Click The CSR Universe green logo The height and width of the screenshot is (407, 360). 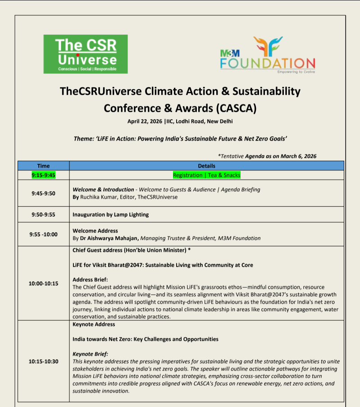86,54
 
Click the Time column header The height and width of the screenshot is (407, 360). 44,166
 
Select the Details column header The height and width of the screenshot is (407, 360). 207,166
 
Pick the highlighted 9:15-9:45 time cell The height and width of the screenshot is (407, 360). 44,175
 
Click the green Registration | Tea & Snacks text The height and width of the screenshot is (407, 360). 207,175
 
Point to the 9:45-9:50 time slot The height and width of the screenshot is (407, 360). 44,193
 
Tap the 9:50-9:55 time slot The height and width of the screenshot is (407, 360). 44,214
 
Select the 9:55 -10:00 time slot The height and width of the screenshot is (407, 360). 44,234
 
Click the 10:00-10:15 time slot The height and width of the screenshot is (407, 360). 44,283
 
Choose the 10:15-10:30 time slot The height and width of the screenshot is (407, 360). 44,361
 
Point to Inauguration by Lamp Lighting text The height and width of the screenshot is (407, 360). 110,214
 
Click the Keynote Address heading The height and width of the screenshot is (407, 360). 94,324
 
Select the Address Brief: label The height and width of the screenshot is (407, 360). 90,280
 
